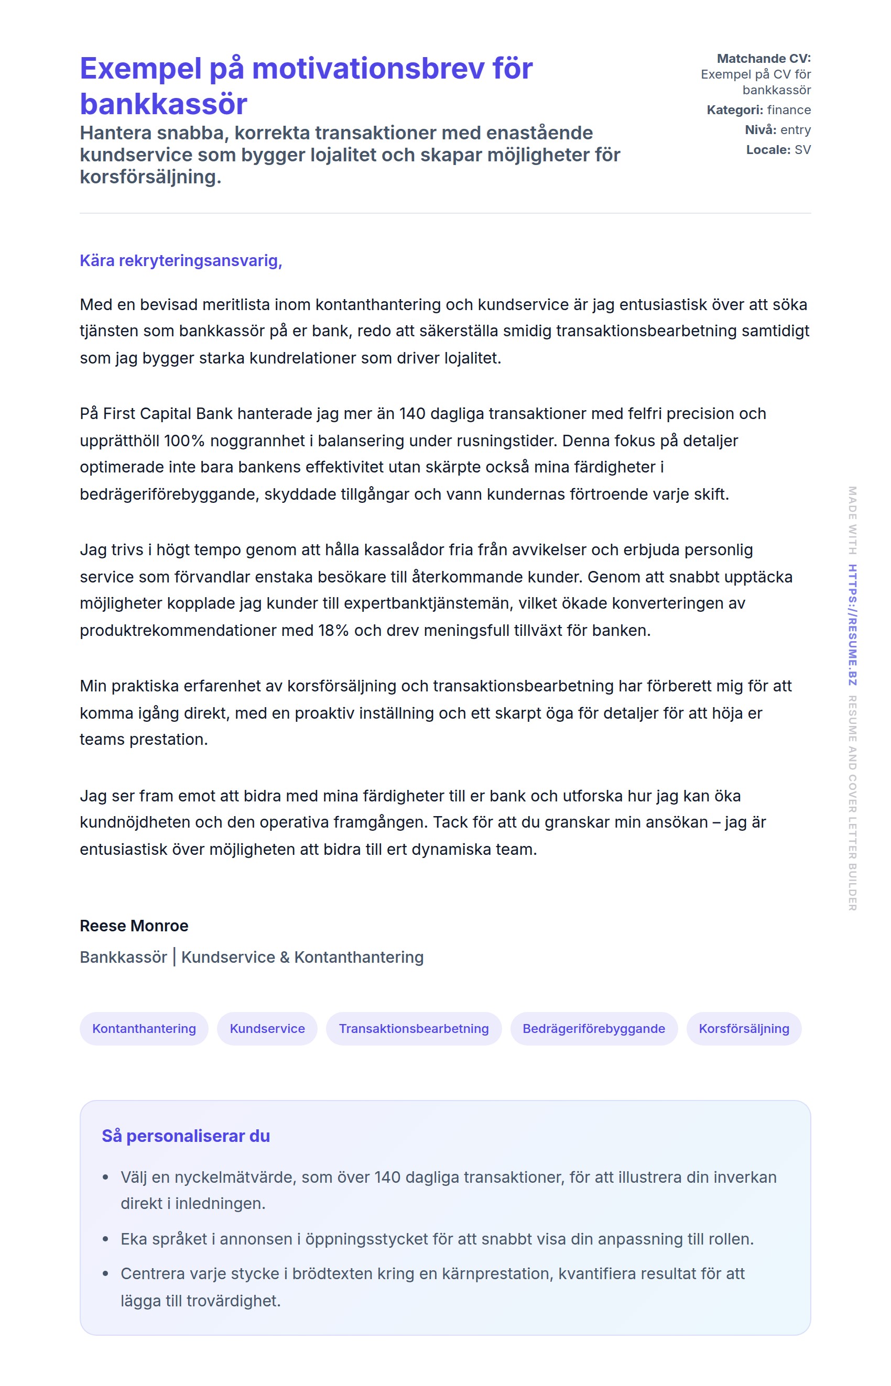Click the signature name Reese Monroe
pyautogui.click(x=134, y=926)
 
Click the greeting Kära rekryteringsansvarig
pyautogui.click(x=180, y=261)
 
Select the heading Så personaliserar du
pyautogui.click(x=186, y=1136)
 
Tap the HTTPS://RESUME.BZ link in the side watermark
pyautogui.click(x=852, y=625)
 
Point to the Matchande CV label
pyautogui.click(x=764, y=58)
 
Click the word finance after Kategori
pyautogui.click(x=789, y=110)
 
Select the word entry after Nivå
pyautogui.click(x=796, y=129)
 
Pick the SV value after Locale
pyautogui.click(x=802, y=150)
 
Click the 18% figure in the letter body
pyautogui.click(x=333, y=630)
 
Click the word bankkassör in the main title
pyautogui.click(x=164, y=104)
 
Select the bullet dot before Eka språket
pyautogui.click(x=105, y=1239)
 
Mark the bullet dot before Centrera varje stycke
pyautogui.click(x=105, y=1274)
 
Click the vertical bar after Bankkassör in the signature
pyautogui.click(x=174, y=957)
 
